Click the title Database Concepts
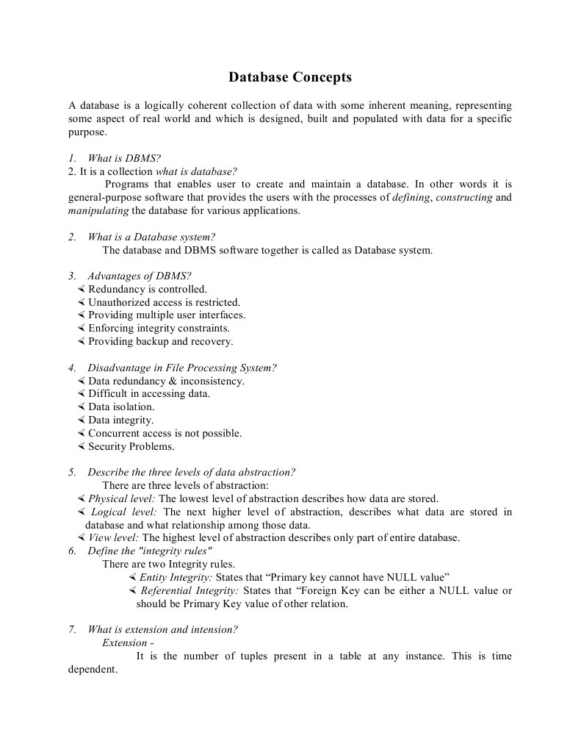(x=290, y=77)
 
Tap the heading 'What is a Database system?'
(x=151, y=237)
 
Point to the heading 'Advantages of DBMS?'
(x=139, y=276)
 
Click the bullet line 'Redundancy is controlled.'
(x=147, y=290)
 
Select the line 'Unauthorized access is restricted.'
(x=164, y=302)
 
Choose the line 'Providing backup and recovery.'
(x=160, y=342)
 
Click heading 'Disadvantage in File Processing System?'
(x=181, y=368)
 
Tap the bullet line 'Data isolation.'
(x=121, y=407)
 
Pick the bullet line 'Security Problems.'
(x=131, y=447)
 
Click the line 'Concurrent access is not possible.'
(x=165, y=434)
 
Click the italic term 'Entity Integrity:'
(x=176, y=577)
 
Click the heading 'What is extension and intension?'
(x=162, y=630)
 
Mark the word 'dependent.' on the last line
(x=93, y=670)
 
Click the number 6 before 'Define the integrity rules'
(x=72, y=551)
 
